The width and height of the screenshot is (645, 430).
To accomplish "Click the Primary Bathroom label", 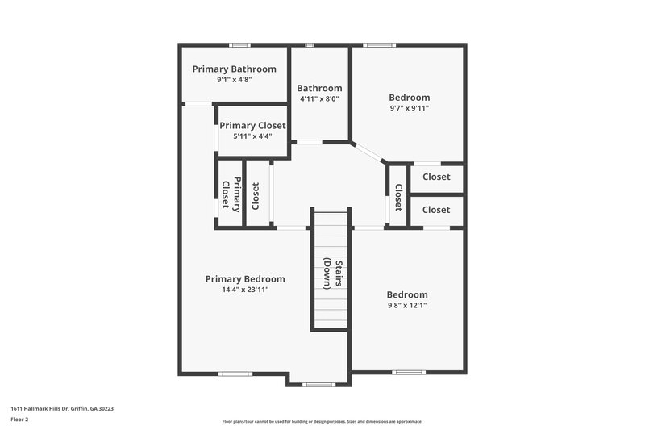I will (x=234, y=69).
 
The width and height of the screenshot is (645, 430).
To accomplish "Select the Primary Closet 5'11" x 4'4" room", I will (x=252, y=130).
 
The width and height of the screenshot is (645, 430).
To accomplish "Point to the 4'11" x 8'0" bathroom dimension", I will (x=319, y=99).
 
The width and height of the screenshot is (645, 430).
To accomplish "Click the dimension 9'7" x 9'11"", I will (x=409, y=108).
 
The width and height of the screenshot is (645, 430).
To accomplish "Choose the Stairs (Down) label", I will (x=330, y=273).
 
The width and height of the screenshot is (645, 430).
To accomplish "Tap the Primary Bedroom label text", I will (x=244, y=279).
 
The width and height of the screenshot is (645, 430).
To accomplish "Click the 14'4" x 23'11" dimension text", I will (x=244, y=290).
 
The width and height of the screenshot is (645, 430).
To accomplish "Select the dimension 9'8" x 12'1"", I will (x=406, y=306).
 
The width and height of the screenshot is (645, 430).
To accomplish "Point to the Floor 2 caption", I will (x=19, y=420).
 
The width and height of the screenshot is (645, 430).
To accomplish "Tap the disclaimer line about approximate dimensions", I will (x=322, y=421).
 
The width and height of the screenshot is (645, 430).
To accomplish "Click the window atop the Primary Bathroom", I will (x=239, y=45).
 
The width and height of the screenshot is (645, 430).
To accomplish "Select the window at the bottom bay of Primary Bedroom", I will (x=318, y=385).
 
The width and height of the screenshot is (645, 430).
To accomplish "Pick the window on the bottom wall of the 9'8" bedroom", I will (x=407, y=373).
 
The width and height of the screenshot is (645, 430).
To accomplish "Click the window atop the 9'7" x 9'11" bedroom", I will (x=378, y=45).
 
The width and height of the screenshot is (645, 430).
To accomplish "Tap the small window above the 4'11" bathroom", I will (x=309, y=45).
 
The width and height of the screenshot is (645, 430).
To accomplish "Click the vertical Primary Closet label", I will (x=231, y=194).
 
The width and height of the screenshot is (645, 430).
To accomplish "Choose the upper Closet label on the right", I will (x=436, y=177).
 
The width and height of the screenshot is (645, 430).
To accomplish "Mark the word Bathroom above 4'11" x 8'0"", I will (x=319, y=88).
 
